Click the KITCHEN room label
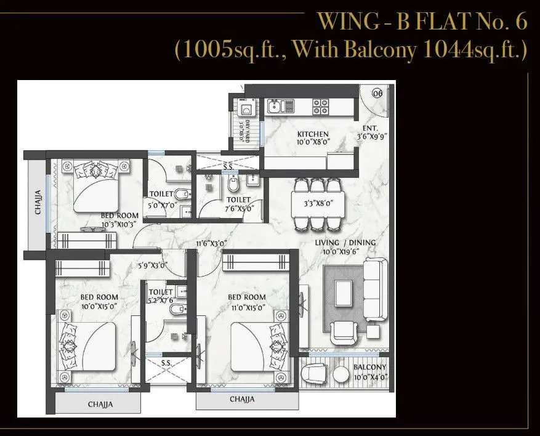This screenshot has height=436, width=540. click(313, 134)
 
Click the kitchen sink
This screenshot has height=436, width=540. click(281, 107)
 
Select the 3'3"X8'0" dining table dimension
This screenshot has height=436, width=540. click(316, 202)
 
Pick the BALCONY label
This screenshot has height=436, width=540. click(369, 368)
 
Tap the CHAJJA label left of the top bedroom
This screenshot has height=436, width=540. click(38, 202)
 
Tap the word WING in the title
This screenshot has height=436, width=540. click(341, 22)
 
